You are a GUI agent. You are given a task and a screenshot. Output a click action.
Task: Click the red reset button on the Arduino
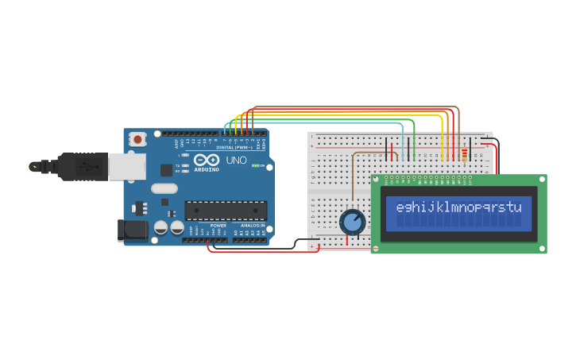pos(137,139)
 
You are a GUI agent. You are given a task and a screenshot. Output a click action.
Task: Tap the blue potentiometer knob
pos(352,222)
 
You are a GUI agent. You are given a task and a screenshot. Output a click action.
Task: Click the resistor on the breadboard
pos(465,155)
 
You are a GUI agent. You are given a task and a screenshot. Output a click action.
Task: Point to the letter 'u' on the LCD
pos(517,208)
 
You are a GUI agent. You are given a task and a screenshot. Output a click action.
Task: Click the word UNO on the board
pos(236,160)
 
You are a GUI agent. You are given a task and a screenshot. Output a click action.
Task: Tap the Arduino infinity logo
pos(206,160)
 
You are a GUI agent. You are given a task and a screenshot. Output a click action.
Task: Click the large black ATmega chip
pos(225,210)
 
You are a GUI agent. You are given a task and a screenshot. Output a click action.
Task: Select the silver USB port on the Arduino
pos(127,166)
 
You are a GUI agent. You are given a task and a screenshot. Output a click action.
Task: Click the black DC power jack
pos(131,230)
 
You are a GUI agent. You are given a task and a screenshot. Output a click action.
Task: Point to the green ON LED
pos(255,165)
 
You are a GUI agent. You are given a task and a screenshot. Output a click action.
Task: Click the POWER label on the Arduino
pos(218,225)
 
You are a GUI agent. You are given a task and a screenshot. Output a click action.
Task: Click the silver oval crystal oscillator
pos(164,189)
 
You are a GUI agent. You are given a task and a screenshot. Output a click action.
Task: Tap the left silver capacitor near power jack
pos(160,227)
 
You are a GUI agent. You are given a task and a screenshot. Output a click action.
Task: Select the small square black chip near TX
pos(166,169)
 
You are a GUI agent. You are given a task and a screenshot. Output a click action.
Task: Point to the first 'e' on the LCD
pos(400,208)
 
